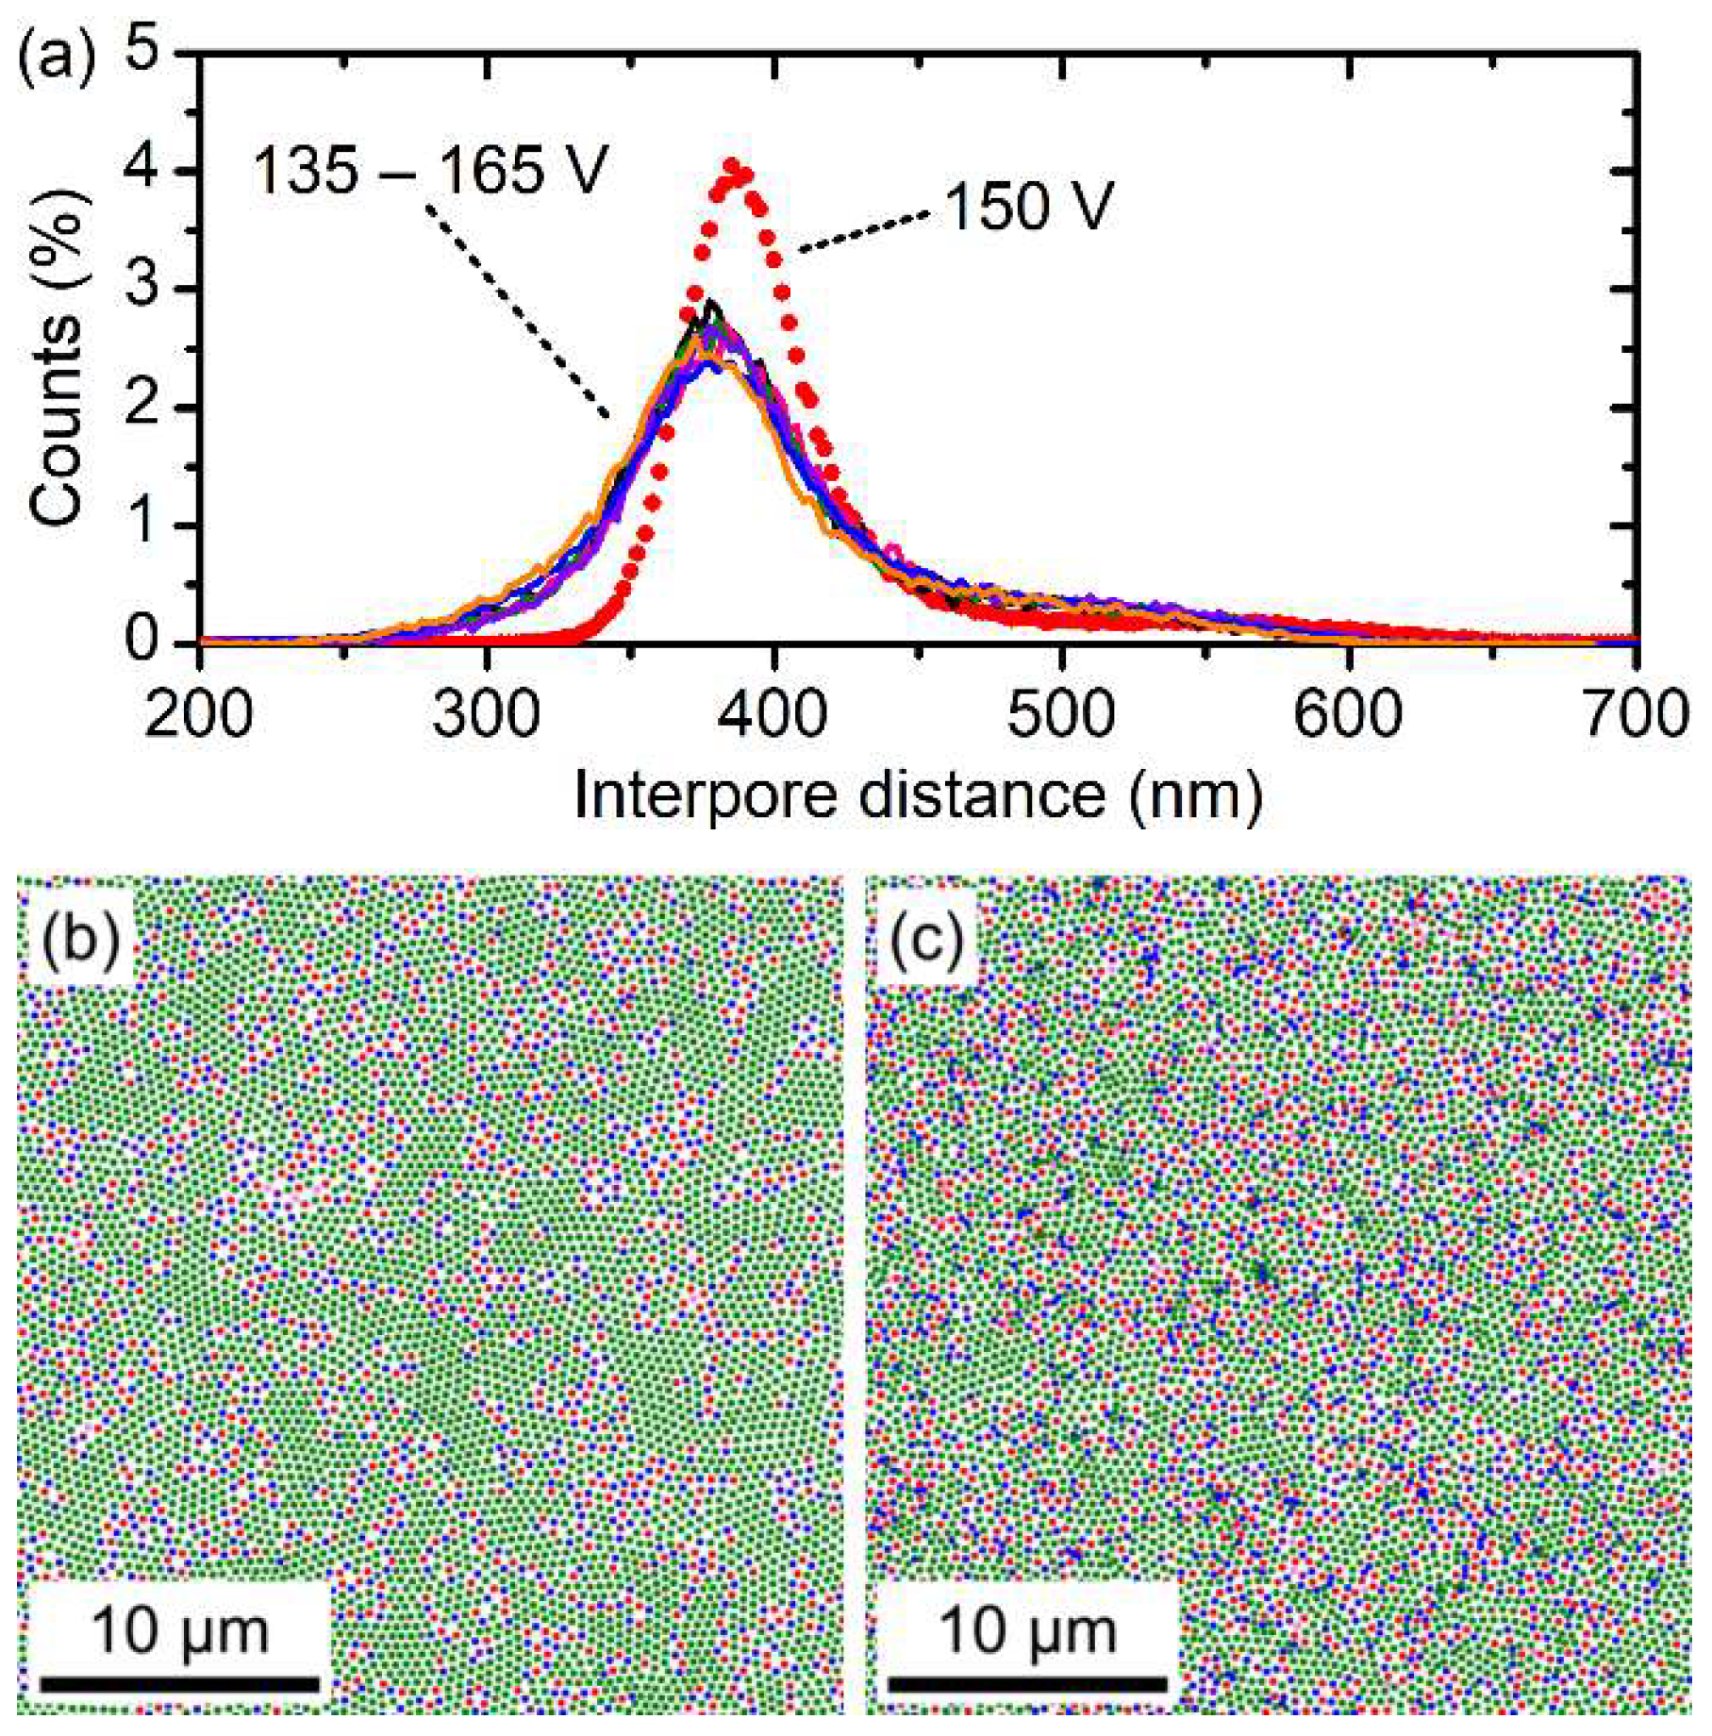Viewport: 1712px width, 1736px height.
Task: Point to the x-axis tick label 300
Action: pyautogui.click(x=486, y=714)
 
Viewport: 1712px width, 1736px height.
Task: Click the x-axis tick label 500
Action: pyautogui.click(x=1060, y=714)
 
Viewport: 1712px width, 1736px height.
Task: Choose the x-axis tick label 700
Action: pyautogui.click(x=1637, y=714)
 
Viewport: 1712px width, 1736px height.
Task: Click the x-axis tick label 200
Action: pyautogui.click(x=199, y=714)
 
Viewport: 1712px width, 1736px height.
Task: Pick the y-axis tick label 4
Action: pyautogui.click(x=142, y=171)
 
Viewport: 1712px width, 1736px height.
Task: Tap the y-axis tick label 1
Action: pyautogui.click(x=142, y=525)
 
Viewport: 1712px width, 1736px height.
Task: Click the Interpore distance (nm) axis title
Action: pyautogui.click(x=917, y=795)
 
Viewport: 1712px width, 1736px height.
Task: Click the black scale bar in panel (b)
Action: pyautogui.click(x=179, y=1683)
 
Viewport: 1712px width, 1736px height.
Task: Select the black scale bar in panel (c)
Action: pyautogui.click(x=1027, y=1683)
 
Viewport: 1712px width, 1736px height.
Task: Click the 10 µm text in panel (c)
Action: pyautogui.click(x=1027, y=1630)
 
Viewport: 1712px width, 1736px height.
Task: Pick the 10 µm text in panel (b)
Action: pyautogui.click(x=179, y=1630)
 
